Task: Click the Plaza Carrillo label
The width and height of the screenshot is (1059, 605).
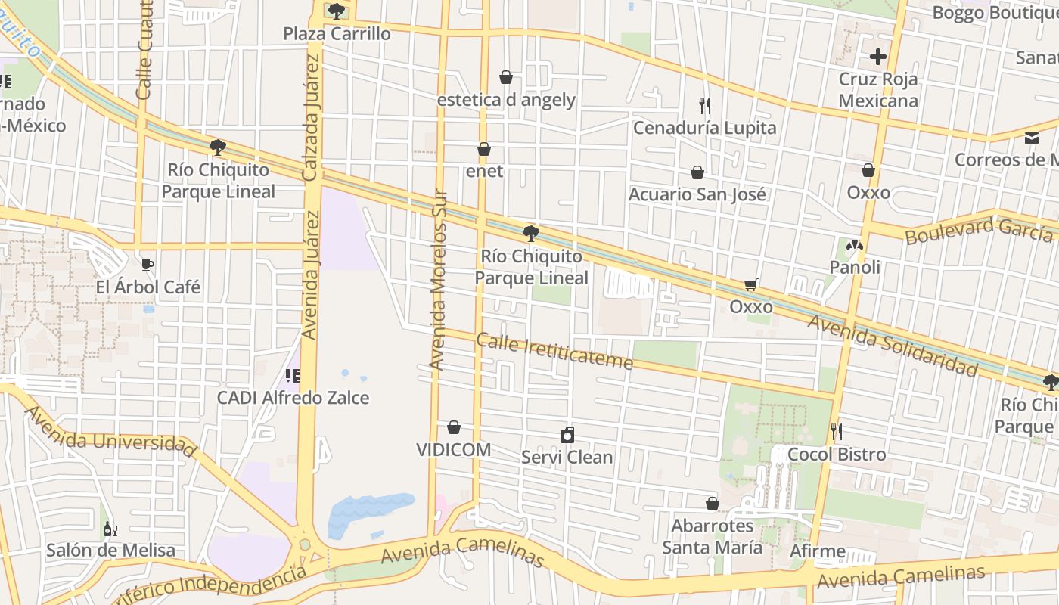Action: (337, 34)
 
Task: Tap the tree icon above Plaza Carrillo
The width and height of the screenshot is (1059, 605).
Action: (337, 11)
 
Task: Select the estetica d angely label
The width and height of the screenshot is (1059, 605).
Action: (506, 100)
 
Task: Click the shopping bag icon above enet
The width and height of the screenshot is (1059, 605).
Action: (484, 150)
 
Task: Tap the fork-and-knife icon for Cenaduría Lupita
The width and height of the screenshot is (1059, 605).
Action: (705, 105)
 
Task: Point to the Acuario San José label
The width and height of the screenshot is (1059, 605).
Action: (697, 194)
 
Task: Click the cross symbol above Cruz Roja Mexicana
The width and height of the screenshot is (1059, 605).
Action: (877, 57)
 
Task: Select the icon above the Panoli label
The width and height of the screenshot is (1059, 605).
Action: (854, 245)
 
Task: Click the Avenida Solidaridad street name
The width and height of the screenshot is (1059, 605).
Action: (893, 345)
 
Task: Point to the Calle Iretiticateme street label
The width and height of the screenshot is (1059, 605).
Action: (554, 352)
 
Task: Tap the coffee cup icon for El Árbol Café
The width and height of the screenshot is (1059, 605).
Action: (148, 265)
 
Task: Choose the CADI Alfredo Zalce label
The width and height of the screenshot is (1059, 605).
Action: (293, 398)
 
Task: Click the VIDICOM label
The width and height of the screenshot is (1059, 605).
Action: (453, 450)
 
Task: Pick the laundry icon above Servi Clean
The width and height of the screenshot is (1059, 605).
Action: (567, 435)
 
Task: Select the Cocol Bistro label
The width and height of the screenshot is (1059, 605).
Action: (837, 455)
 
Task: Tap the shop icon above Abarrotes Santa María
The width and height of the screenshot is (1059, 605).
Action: (712, 504)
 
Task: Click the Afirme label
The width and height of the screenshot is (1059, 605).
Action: (818, 551)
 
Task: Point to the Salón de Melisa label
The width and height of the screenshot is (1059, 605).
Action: (110, 550)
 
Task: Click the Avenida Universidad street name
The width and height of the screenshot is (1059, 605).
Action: (110, 433)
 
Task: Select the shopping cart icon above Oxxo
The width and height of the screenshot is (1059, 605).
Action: (751, 284)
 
